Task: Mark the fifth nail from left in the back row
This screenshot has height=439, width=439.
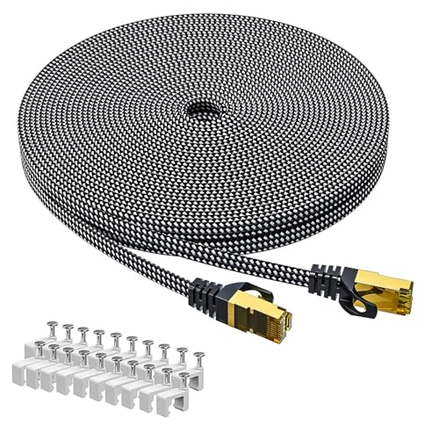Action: coord(118,335)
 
